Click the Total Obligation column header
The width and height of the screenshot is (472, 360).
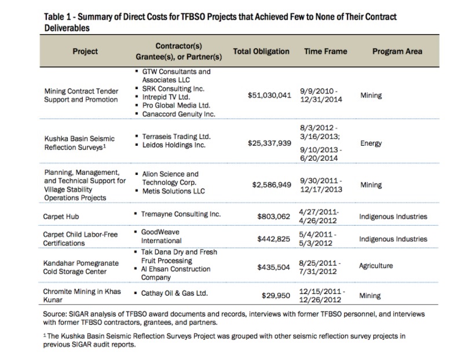261,52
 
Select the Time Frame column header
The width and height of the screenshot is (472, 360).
325,52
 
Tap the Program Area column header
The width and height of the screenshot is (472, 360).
397,52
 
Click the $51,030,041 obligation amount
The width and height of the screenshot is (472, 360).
269,95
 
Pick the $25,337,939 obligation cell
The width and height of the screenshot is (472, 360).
269,143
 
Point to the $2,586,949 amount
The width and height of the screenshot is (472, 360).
272,185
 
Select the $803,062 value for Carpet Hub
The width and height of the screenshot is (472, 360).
273,216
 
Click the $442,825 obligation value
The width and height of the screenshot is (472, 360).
273,239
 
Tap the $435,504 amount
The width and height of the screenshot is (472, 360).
273,267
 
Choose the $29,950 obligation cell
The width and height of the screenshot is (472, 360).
276,296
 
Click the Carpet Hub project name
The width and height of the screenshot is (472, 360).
61,216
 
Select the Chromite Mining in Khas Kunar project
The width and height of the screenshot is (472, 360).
82,296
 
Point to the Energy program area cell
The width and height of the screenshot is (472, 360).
371,144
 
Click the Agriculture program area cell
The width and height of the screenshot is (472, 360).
376,266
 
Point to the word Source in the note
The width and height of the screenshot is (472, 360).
54,314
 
